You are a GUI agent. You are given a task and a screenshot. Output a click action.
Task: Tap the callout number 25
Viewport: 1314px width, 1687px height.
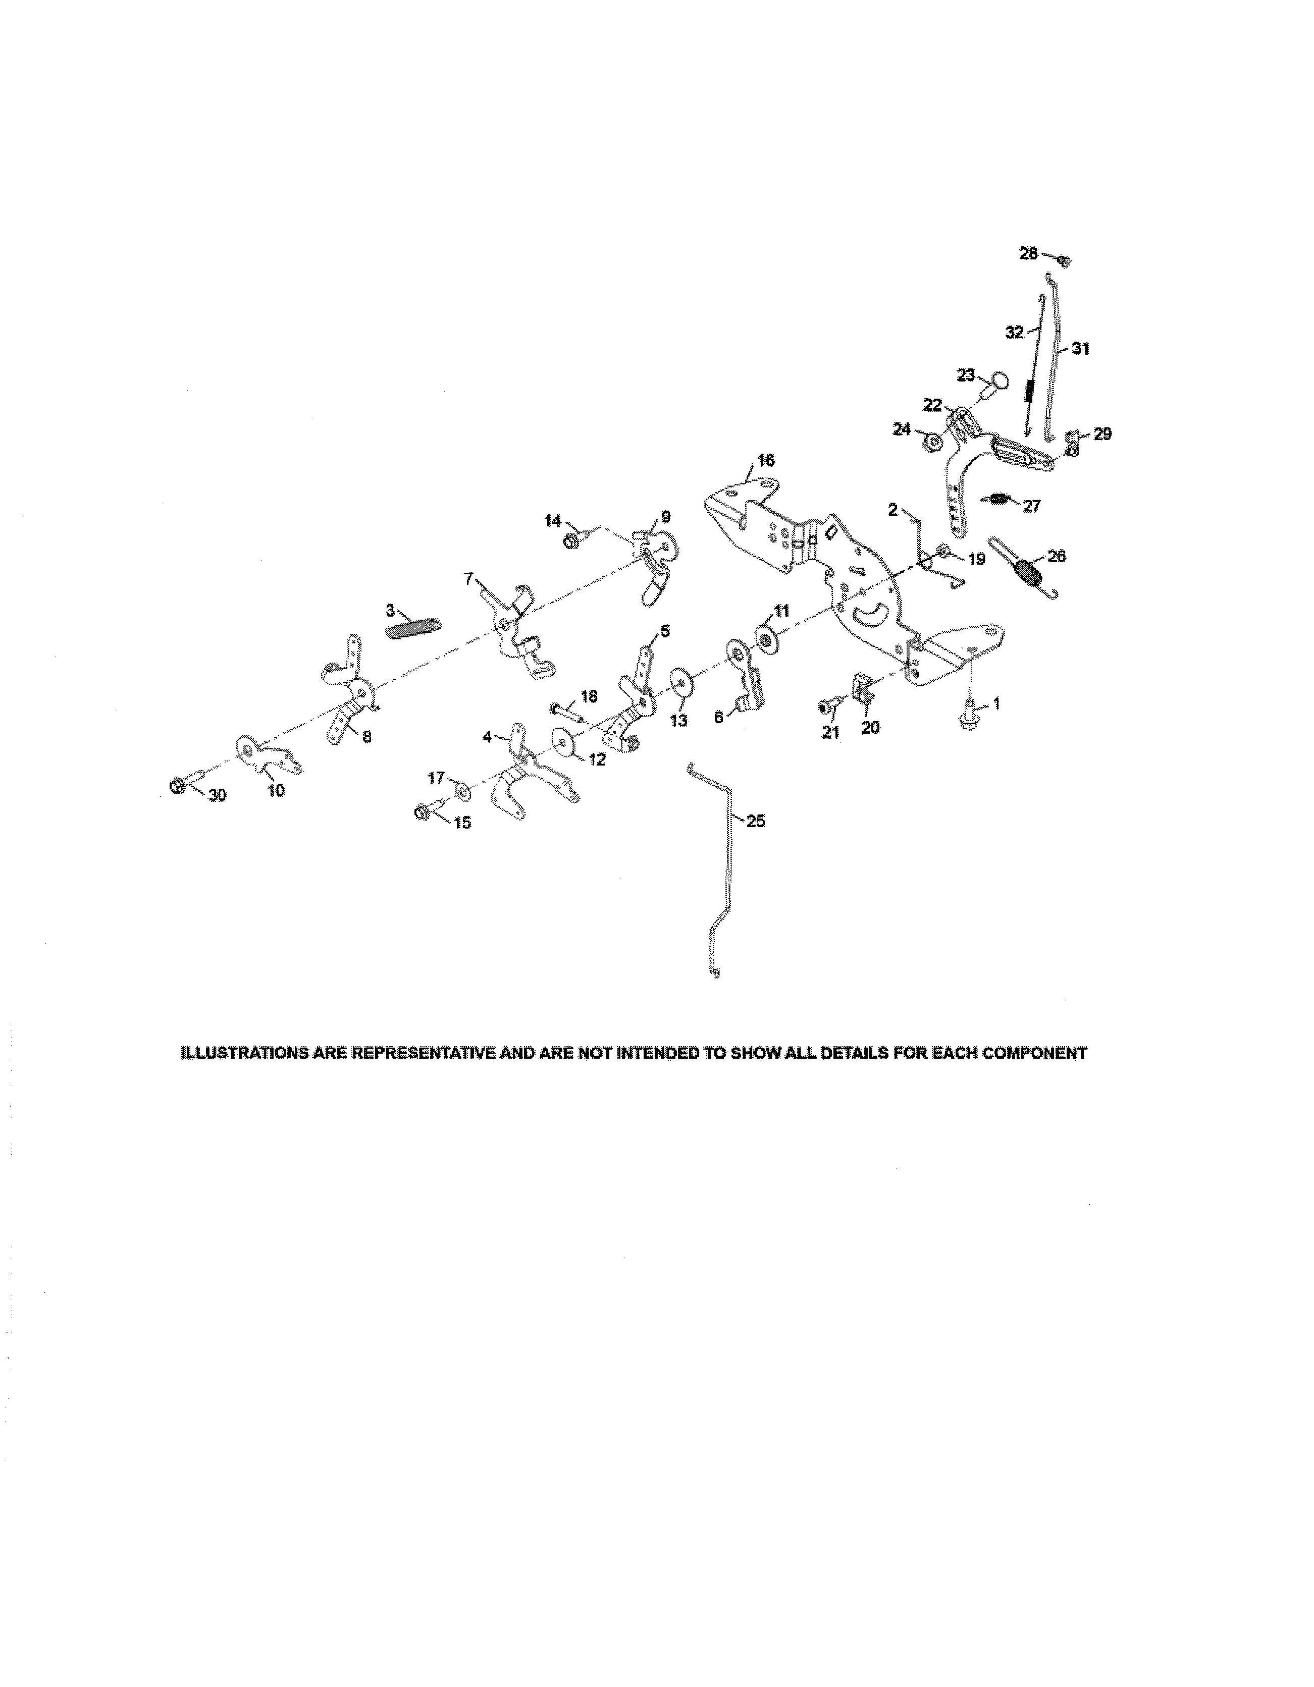tap(756, 821)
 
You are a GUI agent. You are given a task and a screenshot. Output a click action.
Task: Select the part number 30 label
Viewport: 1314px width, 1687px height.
tap(218, 795)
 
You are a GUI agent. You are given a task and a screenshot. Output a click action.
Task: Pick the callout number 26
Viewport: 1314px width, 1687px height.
tap(1056, 556)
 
